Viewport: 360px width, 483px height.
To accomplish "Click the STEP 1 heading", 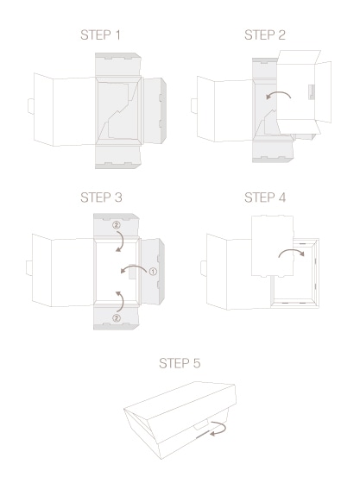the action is [100, 34].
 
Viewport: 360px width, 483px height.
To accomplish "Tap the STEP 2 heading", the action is [265, 34].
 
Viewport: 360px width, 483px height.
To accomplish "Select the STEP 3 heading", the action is [101, 198].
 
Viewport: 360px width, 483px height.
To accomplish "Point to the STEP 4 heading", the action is [265, 198].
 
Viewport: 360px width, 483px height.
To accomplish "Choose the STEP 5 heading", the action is [180, 363].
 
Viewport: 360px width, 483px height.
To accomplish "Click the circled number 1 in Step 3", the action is [153, 272].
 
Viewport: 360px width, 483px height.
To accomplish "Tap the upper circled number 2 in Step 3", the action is [117, 225].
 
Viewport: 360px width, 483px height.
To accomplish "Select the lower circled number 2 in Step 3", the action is [117, 318].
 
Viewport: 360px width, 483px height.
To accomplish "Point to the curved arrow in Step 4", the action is [292, 250].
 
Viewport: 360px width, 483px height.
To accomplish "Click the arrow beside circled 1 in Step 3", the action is [133, 267].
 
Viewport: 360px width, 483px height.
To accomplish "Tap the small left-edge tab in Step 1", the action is [31, 106].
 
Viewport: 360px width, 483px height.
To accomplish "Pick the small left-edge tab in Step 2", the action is [194, 106].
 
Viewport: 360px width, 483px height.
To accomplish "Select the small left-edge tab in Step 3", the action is [29, 268].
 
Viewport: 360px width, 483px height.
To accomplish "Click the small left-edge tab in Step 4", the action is [204, 268].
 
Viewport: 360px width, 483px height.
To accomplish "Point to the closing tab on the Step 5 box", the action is [201, 426].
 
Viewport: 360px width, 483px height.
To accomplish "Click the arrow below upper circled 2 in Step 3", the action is [123, 241].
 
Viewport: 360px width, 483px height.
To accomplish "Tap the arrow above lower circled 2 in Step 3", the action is [122, 301].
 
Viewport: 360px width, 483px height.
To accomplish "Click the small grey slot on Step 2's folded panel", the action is [312, 92].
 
